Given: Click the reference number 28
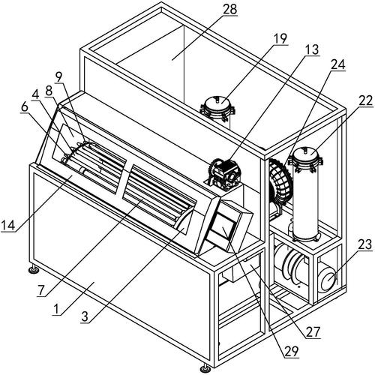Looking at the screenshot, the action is [x=230, y=9].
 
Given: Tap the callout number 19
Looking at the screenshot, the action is [x=280, y=39].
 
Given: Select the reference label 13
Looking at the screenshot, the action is [x=312, y=49].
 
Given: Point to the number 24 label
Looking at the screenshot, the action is [x=338, y=64].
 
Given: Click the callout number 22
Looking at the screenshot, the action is [x=366, y=100].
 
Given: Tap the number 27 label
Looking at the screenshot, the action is [x=313, y=331].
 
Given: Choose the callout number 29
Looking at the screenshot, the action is [x=292, y=351].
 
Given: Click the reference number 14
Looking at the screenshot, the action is [x=8, y=225].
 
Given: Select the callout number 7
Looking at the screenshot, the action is [x=41, y=290].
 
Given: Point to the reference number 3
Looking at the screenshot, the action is [x=85, y=316].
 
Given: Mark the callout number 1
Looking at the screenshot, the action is [x=57, y=309].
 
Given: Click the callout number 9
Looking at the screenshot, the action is [x=58, y=78].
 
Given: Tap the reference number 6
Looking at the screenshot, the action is [x=25, y=106].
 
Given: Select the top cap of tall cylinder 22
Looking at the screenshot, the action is [x=305, y=155].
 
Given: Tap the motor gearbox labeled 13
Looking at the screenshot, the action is [x=223, y=175].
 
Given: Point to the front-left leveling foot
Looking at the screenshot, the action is [x=33, y=269].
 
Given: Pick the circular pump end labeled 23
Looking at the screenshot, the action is [x=328, y=281].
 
